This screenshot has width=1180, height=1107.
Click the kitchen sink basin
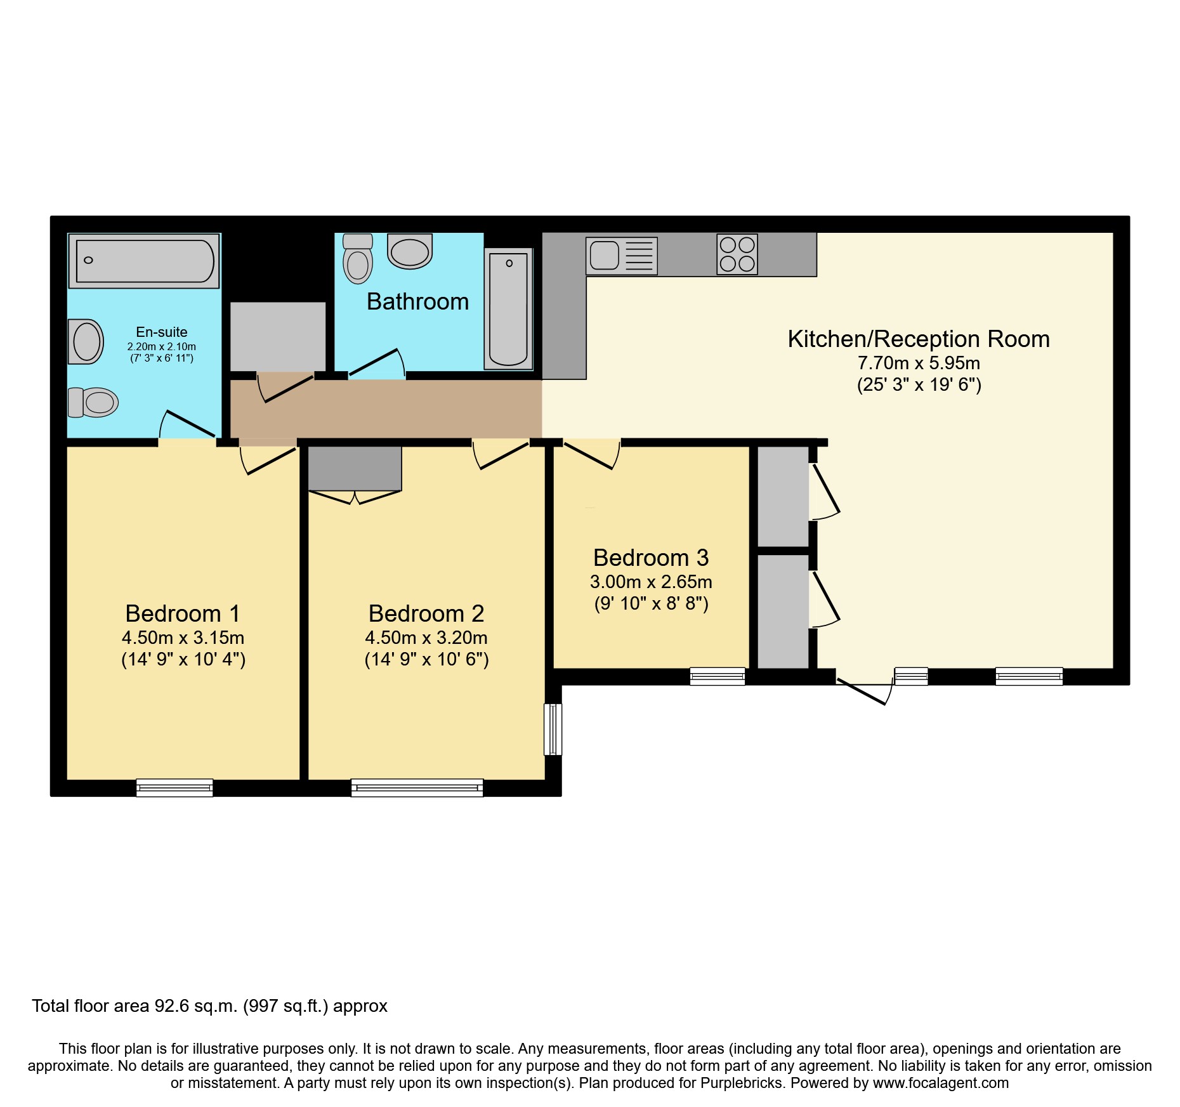coord(604,256)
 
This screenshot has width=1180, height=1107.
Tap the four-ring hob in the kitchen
coord(737,254)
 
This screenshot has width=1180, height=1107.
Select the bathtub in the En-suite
coord(144,261)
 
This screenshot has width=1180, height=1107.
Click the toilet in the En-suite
coord(93,402)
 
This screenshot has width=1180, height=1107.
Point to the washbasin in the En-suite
coord(86,341)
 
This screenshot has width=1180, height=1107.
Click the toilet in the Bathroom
coord(358,258)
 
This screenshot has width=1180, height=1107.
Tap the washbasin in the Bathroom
coord(410,251)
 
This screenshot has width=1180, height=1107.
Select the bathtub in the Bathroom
coord(508,309)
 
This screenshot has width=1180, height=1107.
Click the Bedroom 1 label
coord(183,613)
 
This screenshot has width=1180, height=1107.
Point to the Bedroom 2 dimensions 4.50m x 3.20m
coord(426,638)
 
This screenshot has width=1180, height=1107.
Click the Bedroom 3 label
coord(651,558)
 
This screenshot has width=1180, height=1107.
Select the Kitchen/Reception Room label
coord(919,339)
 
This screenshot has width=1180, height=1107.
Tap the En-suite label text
coord(162,332)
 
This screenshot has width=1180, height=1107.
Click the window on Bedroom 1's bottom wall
coord(174,787)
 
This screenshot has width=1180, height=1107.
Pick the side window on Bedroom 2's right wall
coord(553,729)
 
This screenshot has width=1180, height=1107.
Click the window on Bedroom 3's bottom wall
coord(718,676)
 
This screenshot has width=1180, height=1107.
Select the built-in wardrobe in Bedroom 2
coord(355,468)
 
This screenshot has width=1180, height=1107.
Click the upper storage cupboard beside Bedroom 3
coord(783,496)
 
